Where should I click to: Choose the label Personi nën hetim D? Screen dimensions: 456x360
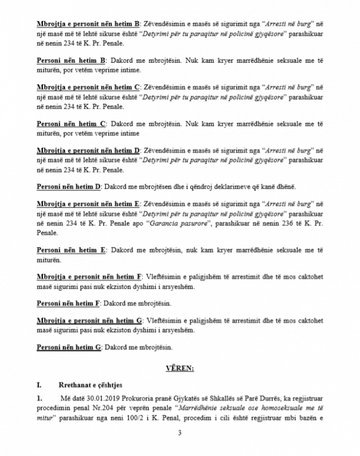coord(68,187)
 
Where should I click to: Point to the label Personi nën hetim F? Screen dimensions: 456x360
coord(68,302)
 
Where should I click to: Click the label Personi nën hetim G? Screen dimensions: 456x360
coord(69,347)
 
